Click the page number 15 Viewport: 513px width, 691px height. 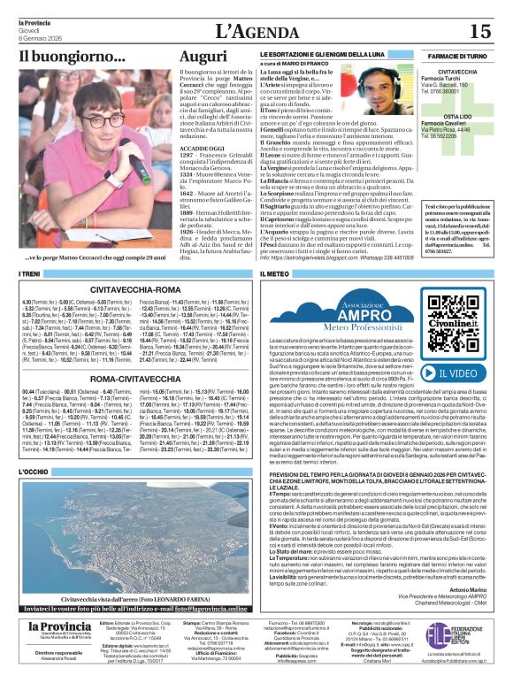coord(479,31)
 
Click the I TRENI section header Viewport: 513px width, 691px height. coord(29,275)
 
